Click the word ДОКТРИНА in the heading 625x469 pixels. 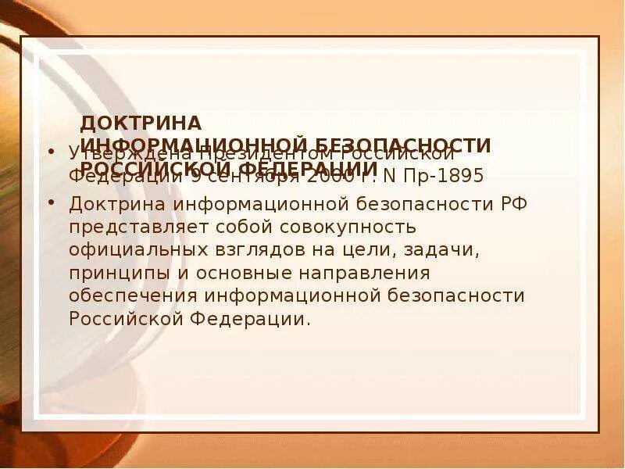point(141,124)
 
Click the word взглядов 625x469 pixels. point(236,251)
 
